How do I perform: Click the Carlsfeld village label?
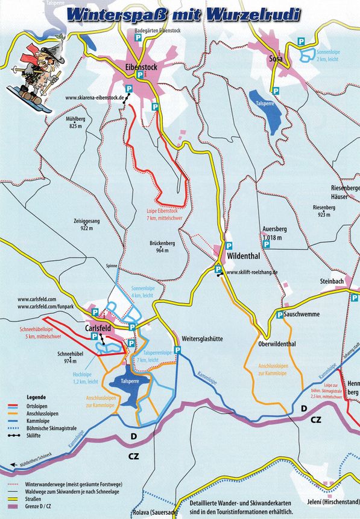pyautogui.click(x=100, y=328)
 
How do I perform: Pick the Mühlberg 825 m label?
pyautogui.click(x=75, y=123)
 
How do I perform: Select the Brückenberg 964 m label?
pyautogui.click(x=162, y=246)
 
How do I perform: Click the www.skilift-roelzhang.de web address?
pyautogui.click(x=252, y=272)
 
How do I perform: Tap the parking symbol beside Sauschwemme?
pyautogui.click(x=280, y=315)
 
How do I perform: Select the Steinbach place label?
pyautogui.click(x=332, y=281)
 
